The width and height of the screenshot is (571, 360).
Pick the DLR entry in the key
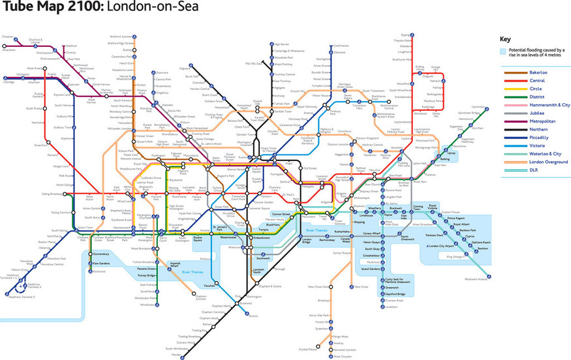517,171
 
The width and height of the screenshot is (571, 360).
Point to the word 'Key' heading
504,38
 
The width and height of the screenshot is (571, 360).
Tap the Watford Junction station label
122,37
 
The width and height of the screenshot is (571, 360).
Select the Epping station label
405,35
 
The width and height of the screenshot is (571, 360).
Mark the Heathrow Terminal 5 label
22,297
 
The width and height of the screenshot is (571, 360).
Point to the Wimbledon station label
148,304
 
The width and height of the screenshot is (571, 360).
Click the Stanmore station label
162,73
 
